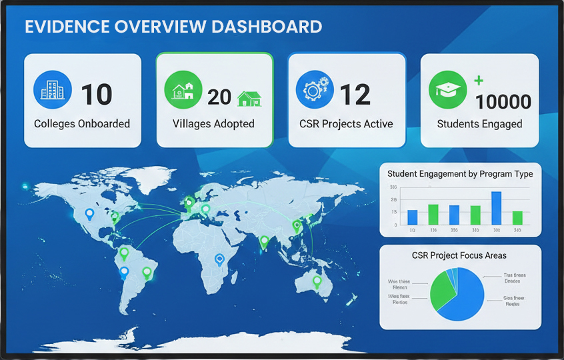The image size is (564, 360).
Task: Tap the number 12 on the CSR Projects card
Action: point(355,95)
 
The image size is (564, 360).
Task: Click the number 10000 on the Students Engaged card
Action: point(503,102)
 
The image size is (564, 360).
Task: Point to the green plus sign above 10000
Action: point(479,81)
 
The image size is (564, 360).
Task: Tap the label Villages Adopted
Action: point(213,124)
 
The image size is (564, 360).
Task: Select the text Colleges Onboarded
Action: point(82,124)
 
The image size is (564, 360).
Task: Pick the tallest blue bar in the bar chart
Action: point(496,207)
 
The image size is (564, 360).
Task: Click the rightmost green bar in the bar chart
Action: point(517,217)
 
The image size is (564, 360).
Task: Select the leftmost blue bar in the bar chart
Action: point(412,217)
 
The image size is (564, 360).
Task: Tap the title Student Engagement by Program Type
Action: point(460,174)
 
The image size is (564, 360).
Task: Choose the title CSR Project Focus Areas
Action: point(459,255)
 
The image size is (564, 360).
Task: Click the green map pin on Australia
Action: point(317,281)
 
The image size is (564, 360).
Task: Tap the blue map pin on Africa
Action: point(219,259)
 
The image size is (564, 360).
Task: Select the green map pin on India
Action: point(265,241)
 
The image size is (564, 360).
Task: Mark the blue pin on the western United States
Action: point(89,214)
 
